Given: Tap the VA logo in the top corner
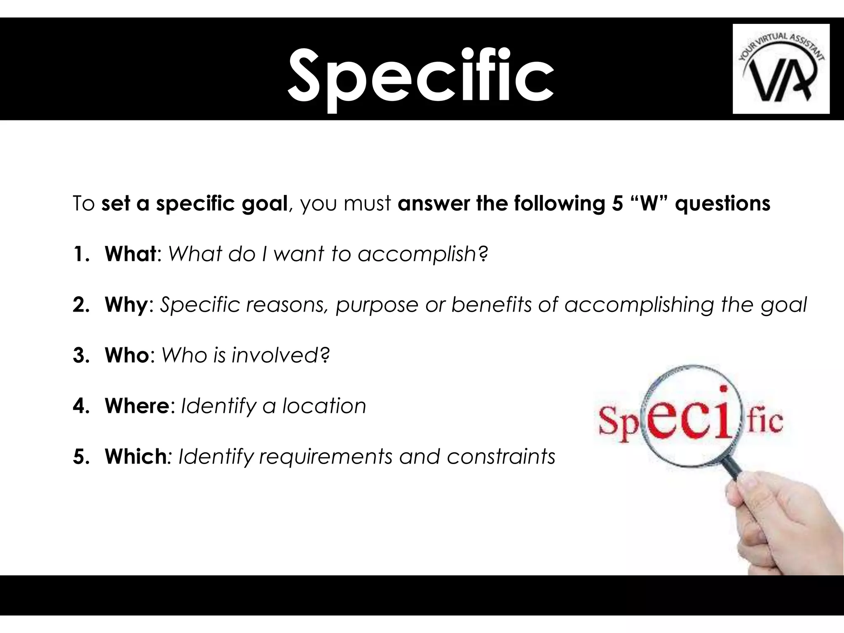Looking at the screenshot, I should pos(781,69).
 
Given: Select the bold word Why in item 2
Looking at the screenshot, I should pos(126,305).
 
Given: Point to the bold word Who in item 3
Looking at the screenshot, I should pos(127,355).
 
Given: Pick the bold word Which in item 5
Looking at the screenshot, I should pos(135,457).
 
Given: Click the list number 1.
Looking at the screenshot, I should pos(80,254).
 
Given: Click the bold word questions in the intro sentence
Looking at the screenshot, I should pos(722,204).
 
